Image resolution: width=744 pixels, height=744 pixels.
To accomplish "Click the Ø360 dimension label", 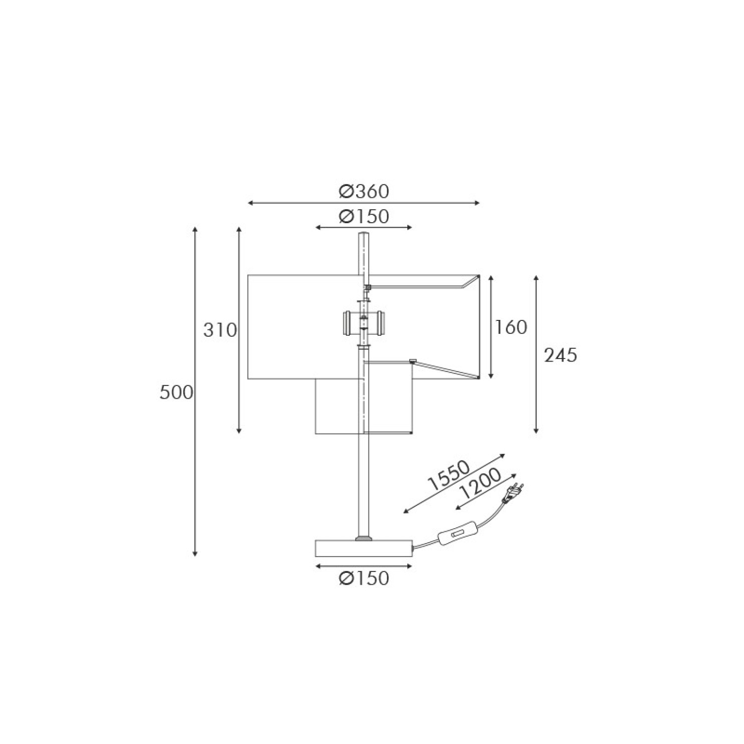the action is pyautogui.click(x=364, y=191).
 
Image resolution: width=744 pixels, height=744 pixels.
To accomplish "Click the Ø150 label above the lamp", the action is pyautogui.click(x=364, y=216).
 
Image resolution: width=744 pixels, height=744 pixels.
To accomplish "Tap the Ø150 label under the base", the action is pyautogui.click(x=364, y=578).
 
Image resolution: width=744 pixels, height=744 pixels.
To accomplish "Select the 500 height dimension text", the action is pyautogui.click(x=176, y=392).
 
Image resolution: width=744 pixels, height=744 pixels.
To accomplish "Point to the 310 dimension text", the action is pyautogui.click(x=220, y=329).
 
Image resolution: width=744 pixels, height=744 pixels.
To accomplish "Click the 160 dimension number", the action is pyautogui.click(x=510, y=327).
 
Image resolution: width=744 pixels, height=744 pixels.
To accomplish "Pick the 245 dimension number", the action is pyautogui.click(x=561, y=355).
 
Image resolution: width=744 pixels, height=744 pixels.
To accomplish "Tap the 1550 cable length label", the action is pyautogui.click(x=448, y=476).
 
